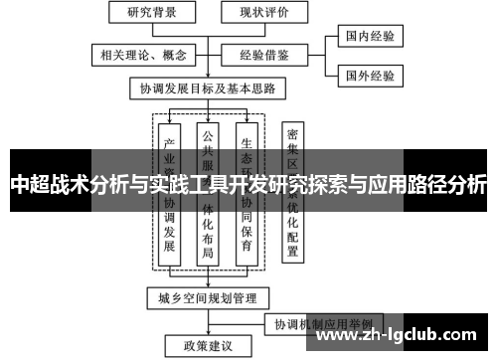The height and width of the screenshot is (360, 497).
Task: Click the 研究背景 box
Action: (x=146, y=14)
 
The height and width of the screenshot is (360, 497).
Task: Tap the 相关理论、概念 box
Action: (x=138, y=53)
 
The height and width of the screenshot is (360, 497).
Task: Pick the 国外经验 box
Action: (x=369, y=75)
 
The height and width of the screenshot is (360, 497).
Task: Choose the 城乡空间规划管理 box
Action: (x=207, y=297)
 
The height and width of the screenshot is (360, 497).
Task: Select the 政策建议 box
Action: (x=207, y=346)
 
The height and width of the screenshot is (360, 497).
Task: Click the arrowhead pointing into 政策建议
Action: (x=207, y=334)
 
